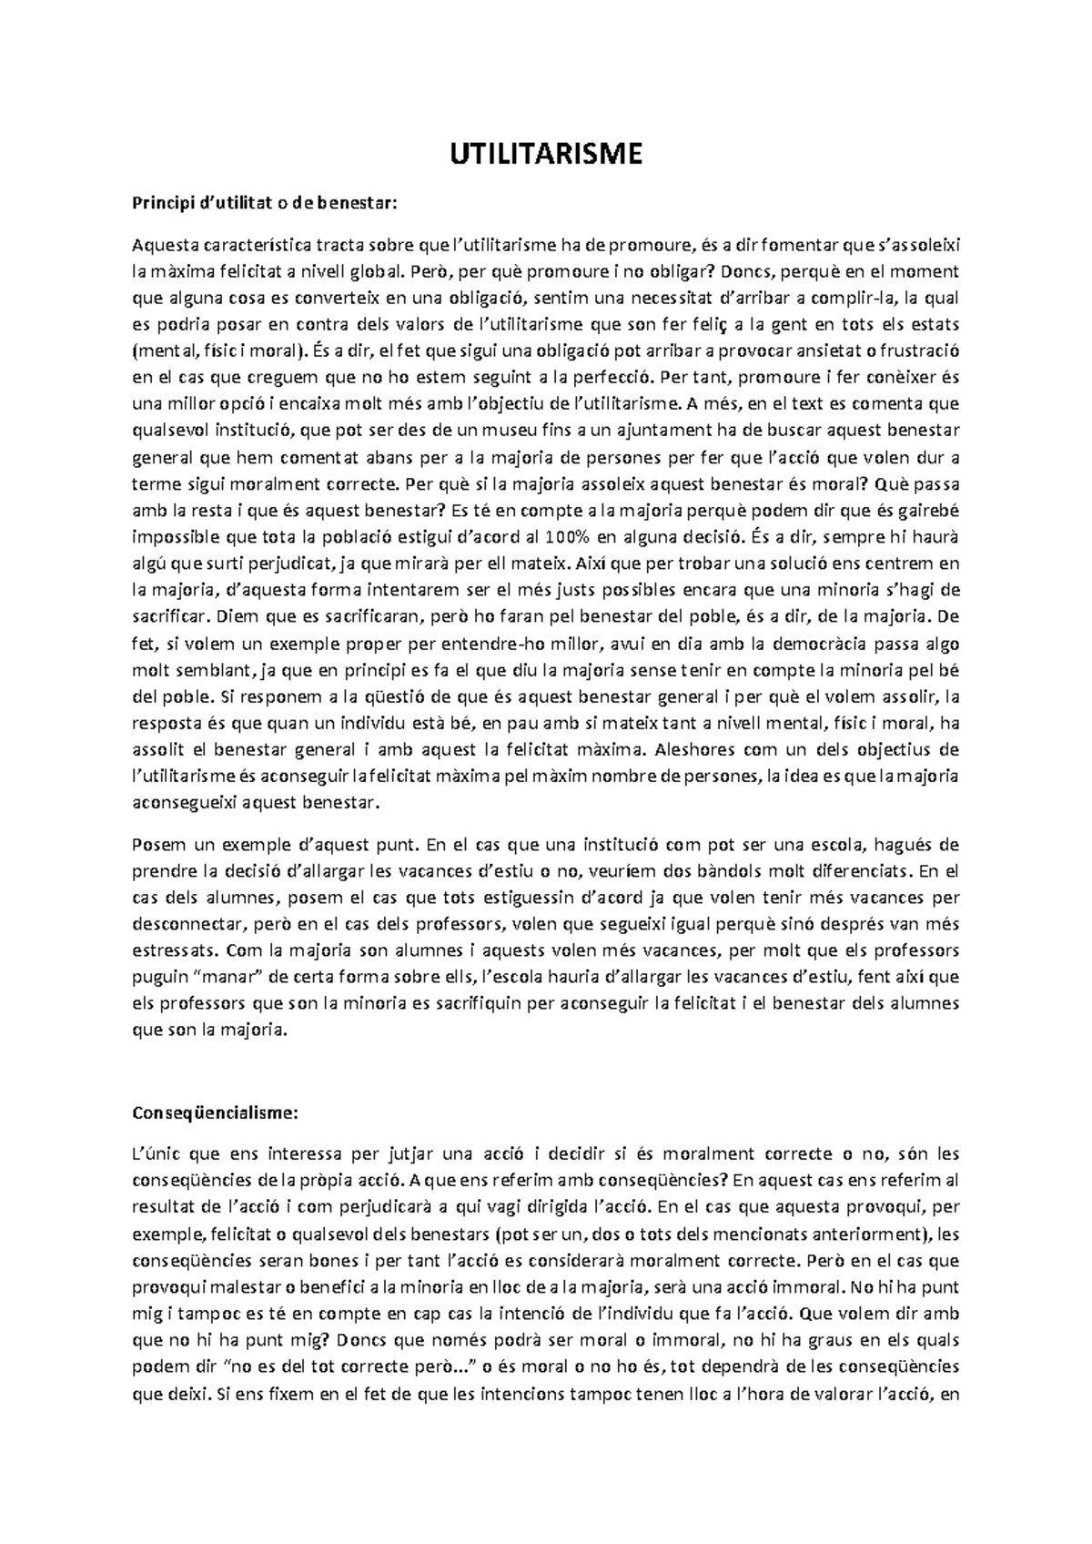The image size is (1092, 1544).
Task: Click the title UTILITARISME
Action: pos(546,154)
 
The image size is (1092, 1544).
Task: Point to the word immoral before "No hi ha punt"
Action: pos(808,1288)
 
